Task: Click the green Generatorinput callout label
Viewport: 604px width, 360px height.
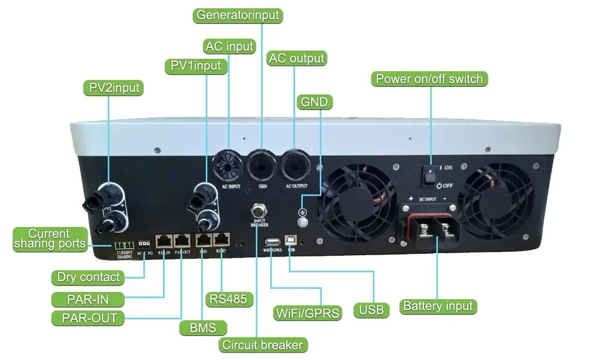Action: click(x=239, y=14)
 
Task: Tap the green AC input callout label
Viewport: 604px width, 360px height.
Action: click(x=229, y=46)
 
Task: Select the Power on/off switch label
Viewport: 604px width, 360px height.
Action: click(x=429, y=79)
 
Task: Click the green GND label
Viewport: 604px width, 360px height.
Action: click(x=314, y=102)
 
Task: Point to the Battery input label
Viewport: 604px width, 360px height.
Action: click(x=438, y=306)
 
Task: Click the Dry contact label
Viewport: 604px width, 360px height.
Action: click(x=88, y=277)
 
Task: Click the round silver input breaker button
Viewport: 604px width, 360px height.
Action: click(x=258, y=211)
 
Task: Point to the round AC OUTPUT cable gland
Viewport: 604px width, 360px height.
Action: click(x=296, y=166)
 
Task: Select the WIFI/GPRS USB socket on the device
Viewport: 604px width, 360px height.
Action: click(x=272, y=242)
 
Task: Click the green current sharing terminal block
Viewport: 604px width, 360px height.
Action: click(x=123, y=246)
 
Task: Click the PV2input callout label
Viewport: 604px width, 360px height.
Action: click(x=113, y=88)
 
